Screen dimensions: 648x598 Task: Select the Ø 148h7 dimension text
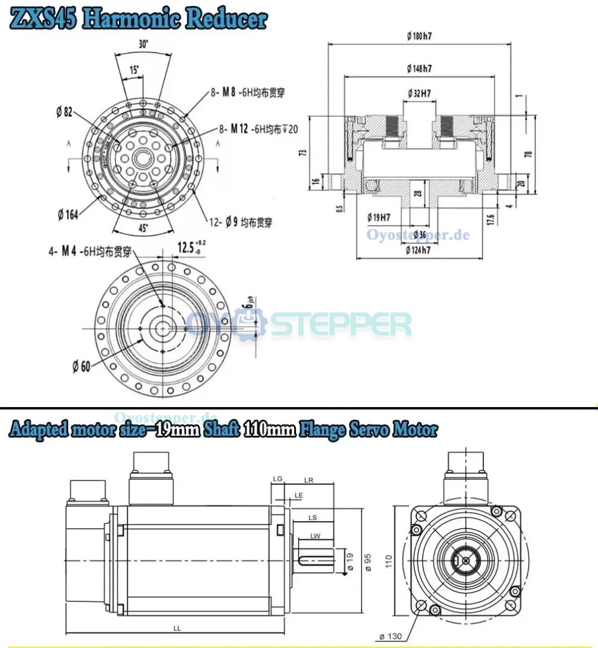(x=419, y=69)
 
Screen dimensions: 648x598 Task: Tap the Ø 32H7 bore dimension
(x=419, y=94)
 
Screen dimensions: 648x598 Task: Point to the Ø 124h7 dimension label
(x=419, y=250)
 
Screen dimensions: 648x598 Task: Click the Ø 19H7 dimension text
(x=379, y=217)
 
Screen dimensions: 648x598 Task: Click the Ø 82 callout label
(x=64, y=112)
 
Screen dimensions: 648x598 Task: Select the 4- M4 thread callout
(x=90, y=252)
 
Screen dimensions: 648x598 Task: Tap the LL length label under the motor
(x=177, y=628)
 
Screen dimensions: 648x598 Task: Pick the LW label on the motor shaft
(x=315, y=536)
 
